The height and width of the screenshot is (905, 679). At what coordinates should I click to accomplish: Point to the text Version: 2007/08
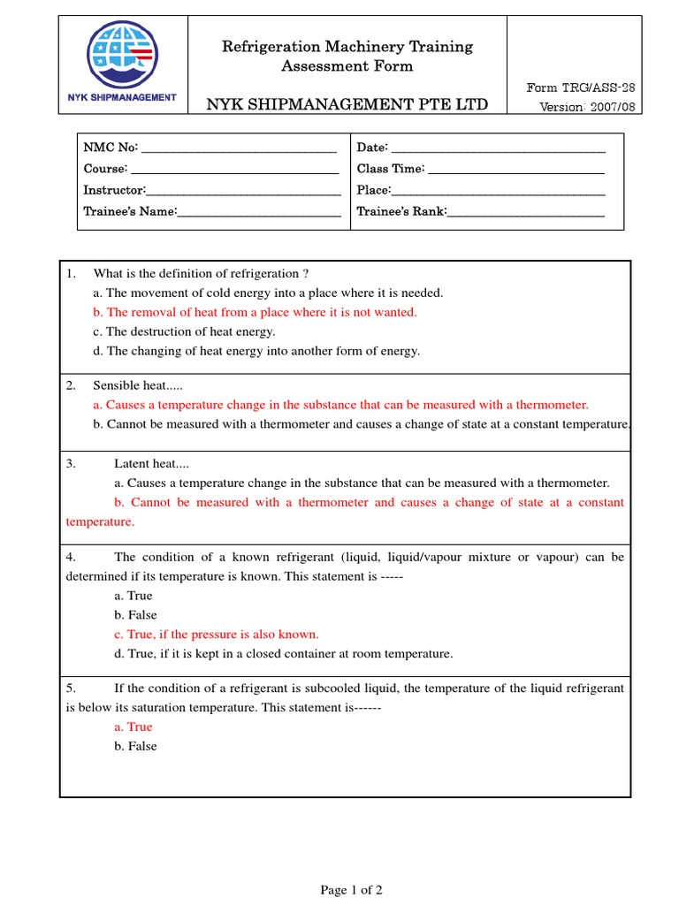click(587, 107)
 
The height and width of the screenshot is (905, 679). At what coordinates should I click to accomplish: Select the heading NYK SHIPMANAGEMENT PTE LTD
click(347, 104)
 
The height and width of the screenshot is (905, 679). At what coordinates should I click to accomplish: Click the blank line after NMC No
click(239, 147)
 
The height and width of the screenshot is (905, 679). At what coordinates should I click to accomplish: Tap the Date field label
click(371, 147)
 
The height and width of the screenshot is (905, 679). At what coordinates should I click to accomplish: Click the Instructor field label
click(113, 190)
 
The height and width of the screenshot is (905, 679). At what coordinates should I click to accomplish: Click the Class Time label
click(390, 168)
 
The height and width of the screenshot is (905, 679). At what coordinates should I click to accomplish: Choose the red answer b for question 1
click(255, 312)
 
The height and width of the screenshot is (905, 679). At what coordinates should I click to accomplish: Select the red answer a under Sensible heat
click(340, 405)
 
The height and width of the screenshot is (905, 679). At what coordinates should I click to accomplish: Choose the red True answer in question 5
click(134, 726)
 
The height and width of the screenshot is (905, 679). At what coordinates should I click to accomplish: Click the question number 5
click(71, 688)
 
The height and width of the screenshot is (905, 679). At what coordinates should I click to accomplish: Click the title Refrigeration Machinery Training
click(347, 46)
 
